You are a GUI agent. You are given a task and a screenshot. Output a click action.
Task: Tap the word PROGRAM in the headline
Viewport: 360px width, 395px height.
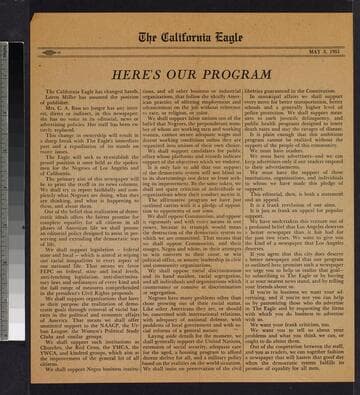tap(231, 74)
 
